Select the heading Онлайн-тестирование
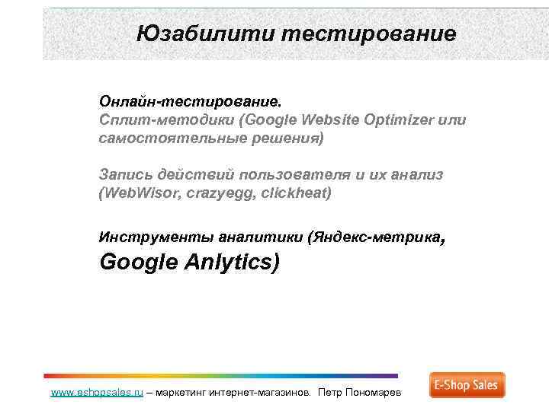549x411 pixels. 190,101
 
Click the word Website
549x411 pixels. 330,120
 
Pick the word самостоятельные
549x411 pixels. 169,139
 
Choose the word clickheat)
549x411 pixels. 294,193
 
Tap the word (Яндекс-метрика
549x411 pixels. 374,237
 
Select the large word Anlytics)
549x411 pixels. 232,263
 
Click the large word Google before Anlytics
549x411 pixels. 136,263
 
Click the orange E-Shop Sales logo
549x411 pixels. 467,385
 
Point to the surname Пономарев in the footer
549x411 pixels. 378,393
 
